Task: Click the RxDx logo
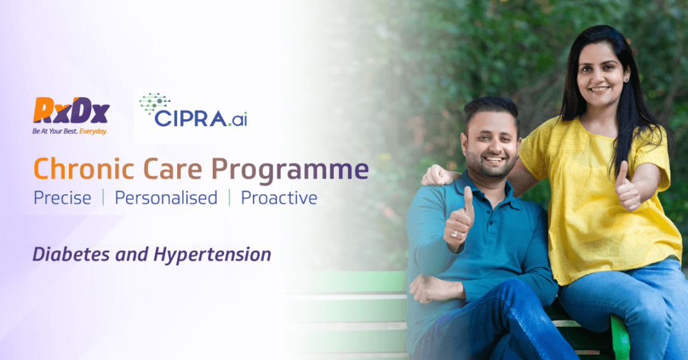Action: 71,110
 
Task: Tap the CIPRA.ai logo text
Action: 201,119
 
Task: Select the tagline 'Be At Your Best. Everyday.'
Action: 70,131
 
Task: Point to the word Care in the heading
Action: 173,169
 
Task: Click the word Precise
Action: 62,198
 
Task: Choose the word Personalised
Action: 166,198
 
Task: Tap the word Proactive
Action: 279,198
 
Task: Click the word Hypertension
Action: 212,255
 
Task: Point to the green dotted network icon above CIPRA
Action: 154,104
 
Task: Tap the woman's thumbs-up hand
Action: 627,187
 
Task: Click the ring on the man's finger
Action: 455,234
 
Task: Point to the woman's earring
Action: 626,80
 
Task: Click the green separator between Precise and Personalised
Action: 103,198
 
